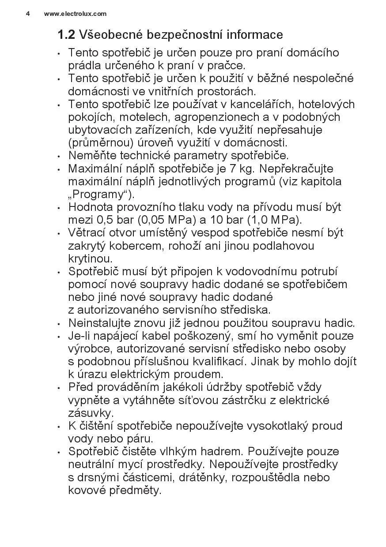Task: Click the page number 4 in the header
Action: pos(28,14)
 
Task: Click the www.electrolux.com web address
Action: pos(75,14)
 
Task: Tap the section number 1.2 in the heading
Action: pos(66,34)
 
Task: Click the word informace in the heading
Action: pos(255,34)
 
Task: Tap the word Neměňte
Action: pos(90,156)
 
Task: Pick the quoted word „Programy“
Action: pos(102,195)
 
